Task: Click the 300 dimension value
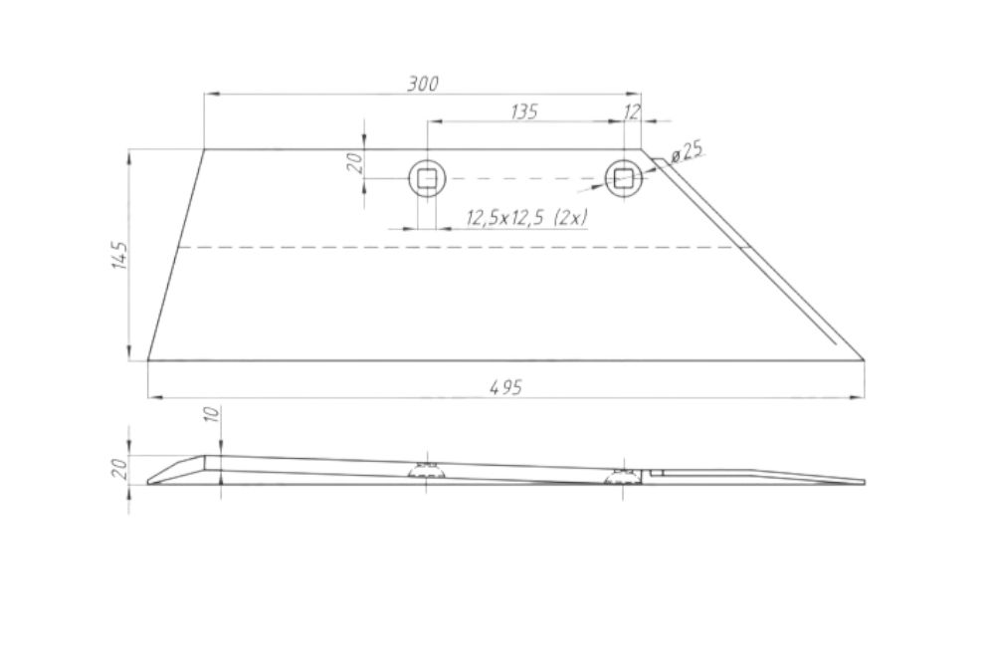coord(423,84)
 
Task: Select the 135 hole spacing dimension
coord(524,111)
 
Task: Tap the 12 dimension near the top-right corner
coord(632,112)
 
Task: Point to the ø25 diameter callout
coord(687,151)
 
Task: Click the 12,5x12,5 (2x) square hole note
coord(526,218)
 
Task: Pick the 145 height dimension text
coord(120,255)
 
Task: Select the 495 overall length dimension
coord(506,386)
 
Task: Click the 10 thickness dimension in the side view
coord(213,414)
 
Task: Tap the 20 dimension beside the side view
coord(120,469)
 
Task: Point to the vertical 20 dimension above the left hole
coord(356,162)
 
